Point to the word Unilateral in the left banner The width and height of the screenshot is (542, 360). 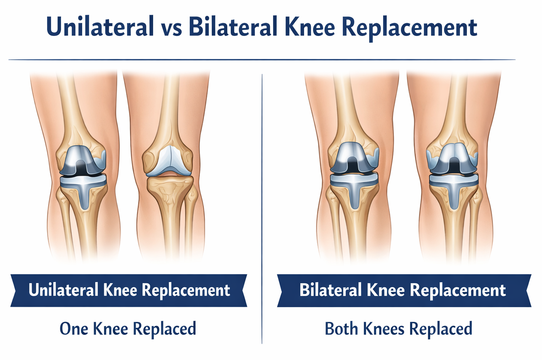63,289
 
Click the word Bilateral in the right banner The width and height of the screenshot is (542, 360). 330,289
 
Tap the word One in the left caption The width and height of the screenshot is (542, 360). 74,328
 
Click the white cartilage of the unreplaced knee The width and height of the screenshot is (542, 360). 169,160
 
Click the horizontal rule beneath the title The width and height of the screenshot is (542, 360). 262,59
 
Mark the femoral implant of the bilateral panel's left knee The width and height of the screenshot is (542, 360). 354,158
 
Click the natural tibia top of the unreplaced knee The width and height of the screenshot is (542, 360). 171,184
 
